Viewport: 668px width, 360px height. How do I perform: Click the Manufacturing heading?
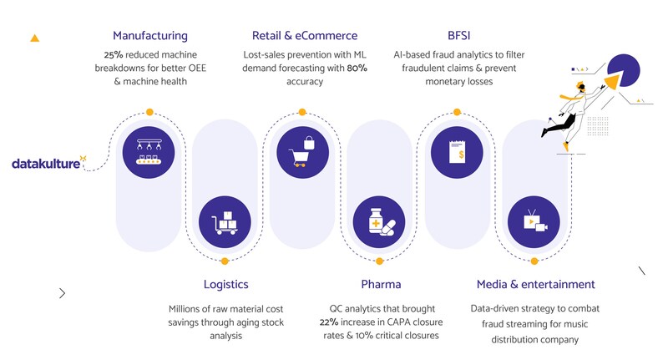tap(150, 36)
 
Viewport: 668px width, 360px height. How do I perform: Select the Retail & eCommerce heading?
tap(305, 36)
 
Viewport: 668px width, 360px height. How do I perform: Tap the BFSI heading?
tap(459, 36)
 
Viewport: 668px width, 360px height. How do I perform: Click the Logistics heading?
tap(226, 284)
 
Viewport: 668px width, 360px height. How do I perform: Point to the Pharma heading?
tap(381, 284)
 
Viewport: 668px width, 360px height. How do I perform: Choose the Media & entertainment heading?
tap(535, 284)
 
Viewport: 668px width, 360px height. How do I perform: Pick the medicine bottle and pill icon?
tap(381, 221)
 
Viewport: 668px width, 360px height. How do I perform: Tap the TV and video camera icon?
tap(534, 221)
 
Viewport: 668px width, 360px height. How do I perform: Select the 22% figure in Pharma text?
tap(330, 322)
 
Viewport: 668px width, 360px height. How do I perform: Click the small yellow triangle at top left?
tap(34, 38)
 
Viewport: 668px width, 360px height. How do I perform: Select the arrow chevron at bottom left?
tap(63, 293)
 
